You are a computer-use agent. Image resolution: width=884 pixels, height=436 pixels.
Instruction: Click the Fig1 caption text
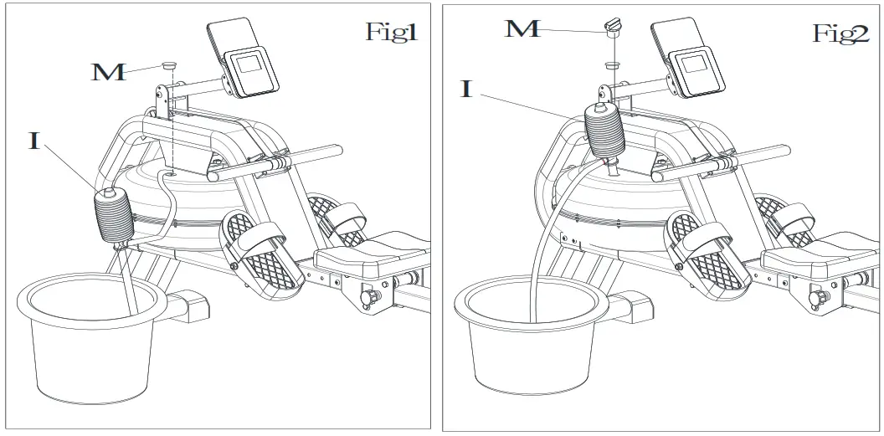coord(391,33)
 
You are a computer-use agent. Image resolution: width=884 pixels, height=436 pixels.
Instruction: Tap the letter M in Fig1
coord(109,71)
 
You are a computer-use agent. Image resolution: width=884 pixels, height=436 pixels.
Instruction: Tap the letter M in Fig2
coord(522,29)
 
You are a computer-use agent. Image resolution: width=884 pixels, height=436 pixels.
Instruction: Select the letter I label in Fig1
coord(34,140)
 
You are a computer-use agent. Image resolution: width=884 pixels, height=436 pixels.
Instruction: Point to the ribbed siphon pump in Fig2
coord(604,130)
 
